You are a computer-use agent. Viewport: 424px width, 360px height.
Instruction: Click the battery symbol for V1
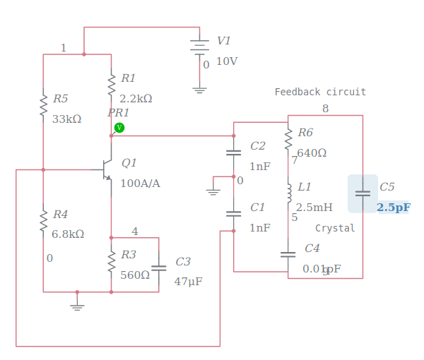click(x=200, y=46)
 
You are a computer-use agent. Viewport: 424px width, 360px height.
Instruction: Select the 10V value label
click(x=227, y=61)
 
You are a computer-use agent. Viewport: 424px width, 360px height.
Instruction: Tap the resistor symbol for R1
click(x=111, y=84)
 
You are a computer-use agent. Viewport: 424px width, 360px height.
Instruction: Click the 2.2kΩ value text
click(x=136, y=99)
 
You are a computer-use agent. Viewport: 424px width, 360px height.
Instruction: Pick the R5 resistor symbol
click(x=43, y=104)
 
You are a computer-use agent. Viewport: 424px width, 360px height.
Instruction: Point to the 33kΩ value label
click(x=66, y=119)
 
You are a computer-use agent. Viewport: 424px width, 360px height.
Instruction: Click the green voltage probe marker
click(x=119, y=128)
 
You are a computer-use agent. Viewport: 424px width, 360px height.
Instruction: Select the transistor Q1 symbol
click(x=107, y=169)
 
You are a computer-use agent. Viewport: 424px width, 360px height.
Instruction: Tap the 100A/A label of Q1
click(x=140, y=184)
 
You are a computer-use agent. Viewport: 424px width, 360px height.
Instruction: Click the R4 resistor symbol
click(x=43, y=220)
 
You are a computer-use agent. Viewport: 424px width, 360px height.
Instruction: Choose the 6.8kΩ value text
click(x=68, y=234)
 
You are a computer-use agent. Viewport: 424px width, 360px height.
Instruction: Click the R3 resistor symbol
click(x=111, y=261)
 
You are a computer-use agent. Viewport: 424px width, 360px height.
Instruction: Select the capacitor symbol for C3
click(x=159, y=268)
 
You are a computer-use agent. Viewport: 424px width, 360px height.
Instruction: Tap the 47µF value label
click(x=188, y=281)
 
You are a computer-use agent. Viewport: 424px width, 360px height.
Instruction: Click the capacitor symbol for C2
click(x=233, y=152)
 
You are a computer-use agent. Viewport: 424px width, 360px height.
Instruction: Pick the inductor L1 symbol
click(x=288, y=193)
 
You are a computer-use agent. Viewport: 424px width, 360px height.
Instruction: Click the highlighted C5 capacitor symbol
click(x=363, y=193)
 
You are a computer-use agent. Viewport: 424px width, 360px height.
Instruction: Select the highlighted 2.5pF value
click(x=394, y=208)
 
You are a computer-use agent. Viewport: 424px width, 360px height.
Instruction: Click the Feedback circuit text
click(x=320, y=92)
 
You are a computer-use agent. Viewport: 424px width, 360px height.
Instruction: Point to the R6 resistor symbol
click(x=288, y=139)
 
